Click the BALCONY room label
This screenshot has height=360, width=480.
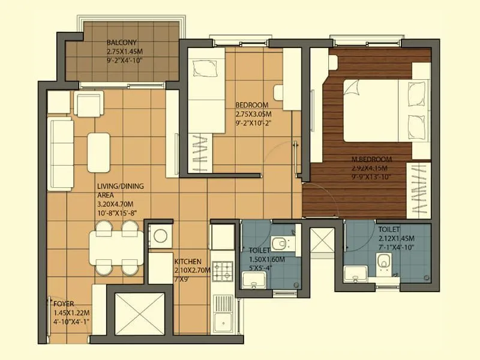(x=122, y=43)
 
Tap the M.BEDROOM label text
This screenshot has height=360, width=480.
(x=372, y=159)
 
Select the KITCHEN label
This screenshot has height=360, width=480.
(x=187, y=262)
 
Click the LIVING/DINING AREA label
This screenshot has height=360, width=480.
(x=121, y=191)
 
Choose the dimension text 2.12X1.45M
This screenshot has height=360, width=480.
(x=397, y=238)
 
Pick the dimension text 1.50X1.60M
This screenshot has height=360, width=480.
(x=266, y=259)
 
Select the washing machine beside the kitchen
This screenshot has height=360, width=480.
(x=161, y=236)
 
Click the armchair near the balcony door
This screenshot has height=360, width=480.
(x=88, y=104)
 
